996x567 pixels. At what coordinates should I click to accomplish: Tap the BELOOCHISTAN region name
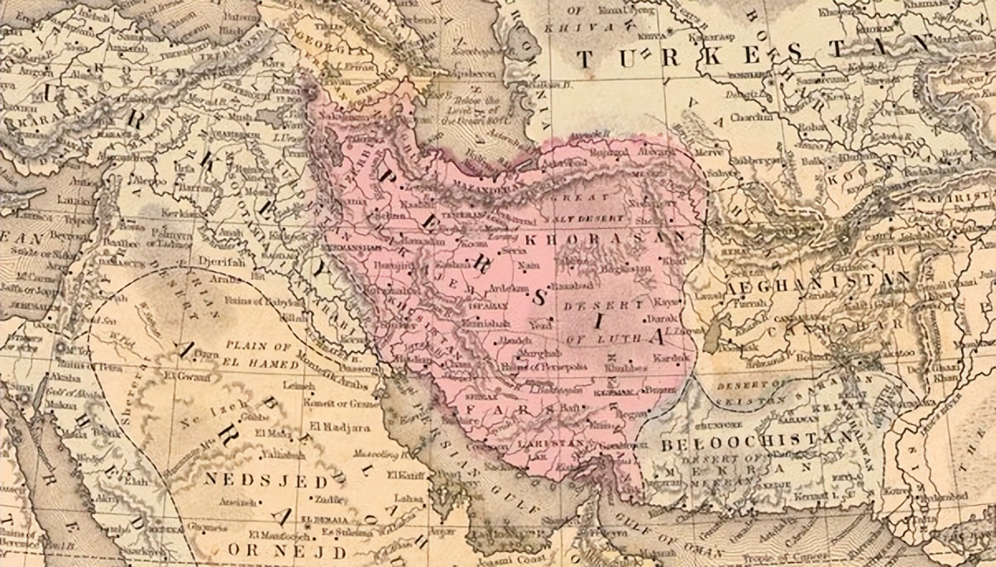click(757, 441)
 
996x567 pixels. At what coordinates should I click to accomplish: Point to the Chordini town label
click(747, 117)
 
